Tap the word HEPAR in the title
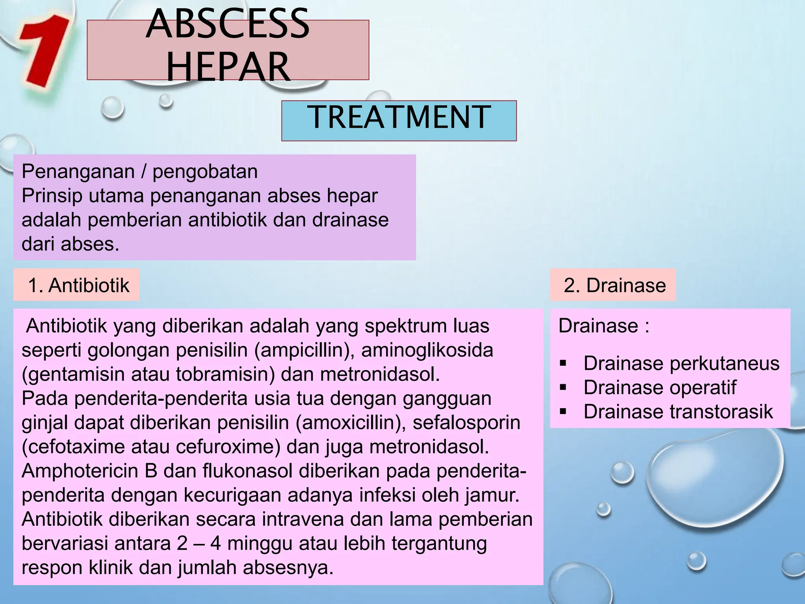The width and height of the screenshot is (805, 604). coord(228,67)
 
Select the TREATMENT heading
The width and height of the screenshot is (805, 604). coord(399,117)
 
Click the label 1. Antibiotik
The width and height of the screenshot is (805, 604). coord(78,285)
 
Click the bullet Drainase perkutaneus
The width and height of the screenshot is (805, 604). coord(681,363)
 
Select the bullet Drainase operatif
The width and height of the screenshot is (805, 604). coord(659,387)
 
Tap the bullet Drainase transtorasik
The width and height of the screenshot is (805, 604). coord(678,412)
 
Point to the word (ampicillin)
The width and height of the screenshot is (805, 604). coord(304,350)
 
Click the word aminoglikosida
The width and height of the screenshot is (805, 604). coord(427,350)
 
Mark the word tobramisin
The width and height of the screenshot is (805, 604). coord(225,374)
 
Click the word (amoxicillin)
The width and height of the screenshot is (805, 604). coord(351,423)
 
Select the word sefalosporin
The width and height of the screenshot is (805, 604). coord(466,423)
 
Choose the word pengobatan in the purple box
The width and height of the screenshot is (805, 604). coord(205,171)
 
